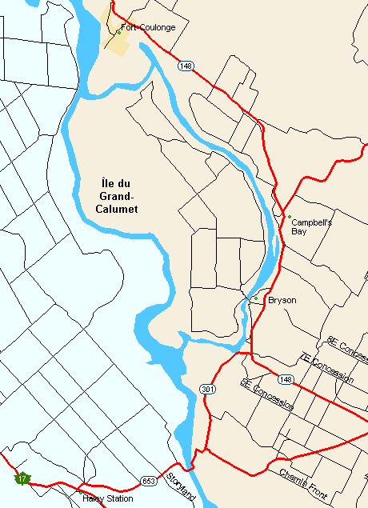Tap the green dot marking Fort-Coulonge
[x=118, y=32]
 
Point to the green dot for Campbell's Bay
[x=289, y=216]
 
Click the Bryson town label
[x=282, y=300]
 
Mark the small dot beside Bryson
[x=255, y=298]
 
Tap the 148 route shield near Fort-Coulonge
[x=186, y=66]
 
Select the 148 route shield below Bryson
[x=286, y=379]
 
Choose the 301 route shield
[x=206, y=388]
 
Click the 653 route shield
[x=147, y=481]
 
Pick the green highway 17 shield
[x=22, y=478]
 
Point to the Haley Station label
[x=108, y=498]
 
